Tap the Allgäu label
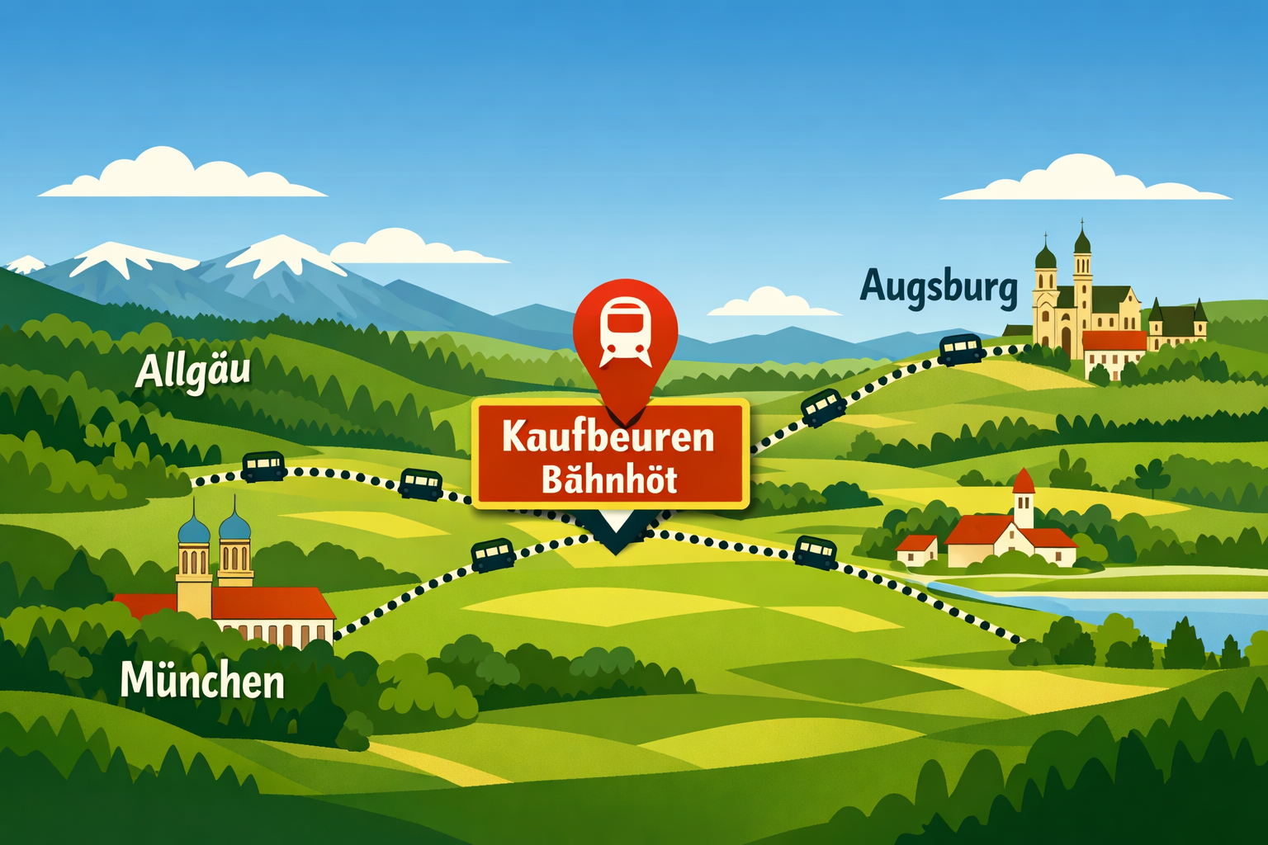pos(192,371)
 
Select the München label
pos(202,682)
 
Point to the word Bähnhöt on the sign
pos(609,479)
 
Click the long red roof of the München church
pos(272,603)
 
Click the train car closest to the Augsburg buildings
pos(960,348)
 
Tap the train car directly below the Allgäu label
pos(264,466)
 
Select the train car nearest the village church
pos(815,550)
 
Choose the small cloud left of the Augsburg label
pos(771,303)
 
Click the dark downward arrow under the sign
pos(615,533)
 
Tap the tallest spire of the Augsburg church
pos(1081,239)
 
